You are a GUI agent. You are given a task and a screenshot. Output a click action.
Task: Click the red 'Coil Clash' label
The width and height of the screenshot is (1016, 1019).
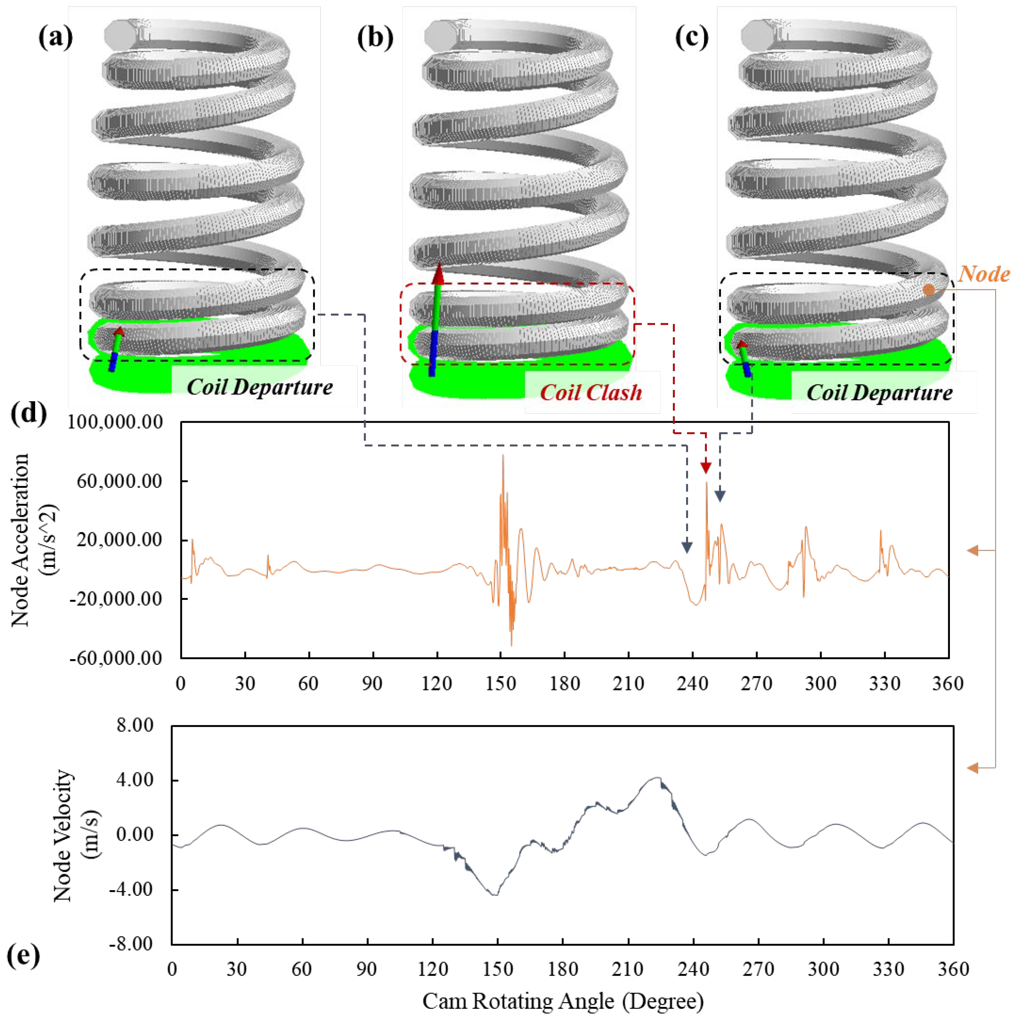point(591,392)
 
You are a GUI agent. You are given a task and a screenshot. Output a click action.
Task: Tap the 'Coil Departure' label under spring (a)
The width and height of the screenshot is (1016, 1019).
point(260,387)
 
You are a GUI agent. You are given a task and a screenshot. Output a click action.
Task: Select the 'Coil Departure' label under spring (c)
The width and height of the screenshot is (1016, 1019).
point(879,392)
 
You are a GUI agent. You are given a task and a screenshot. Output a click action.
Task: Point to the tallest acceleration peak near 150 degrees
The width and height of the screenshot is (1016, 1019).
point(503,455)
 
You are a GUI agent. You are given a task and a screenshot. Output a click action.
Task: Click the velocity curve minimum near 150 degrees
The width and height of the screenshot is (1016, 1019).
point(495,895)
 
